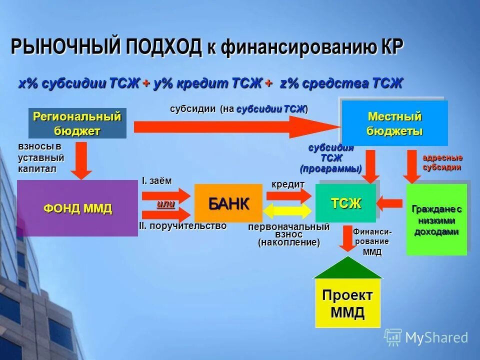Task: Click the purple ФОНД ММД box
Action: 77,208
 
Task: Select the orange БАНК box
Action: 228,203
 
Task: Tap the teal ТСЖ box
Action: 345,203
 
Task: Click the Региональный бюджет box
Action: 77,123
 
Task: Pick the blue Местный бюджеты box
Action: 394,123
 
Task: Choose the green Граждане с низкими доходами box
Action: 436,219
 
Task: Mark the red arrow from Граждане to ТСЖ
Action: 390,203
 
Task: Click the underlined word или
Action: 165,204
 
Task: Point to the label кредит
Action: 288,184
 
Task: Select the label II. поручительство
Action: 182,226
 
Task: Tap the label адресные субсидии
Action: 442,162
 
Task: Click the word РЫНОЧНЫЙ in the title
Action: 65,47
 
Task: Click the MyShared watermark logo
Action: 426,337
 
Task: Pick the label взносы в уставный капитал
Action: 41,157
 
